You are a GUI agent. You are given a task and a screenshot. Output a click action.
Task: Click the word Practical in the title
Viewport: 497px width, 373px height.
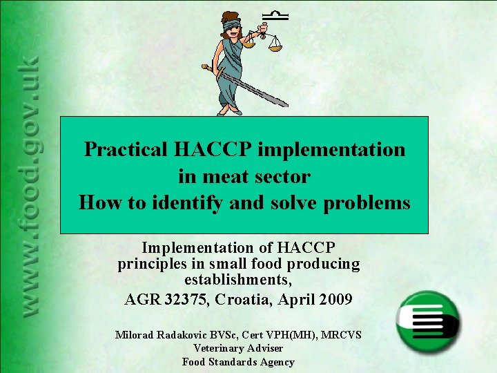pyautogui.click(x=127, y=149)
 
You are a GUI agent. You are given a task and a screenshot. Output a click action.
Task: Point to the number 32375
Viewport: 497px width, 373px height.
pyautogui.click(x=189, y=300)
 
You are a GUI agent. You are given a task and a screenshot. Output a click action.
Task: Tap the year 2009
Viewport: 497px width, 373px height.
pyautogui.click(x=336, y=300)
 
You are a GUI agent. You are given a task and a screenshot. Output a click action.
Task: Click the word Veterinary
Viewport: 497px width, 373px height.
pyautogui.click(x=219, y=348)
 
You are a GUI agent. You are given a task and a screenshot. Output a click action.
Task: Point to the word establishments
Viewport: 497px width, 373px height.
pyautogui.click(x=237, y=281)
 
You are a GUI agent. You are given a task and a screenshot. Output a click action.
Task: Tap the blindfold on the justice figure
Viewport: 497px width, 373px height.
pyautogui.click(x=232, y=26)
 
